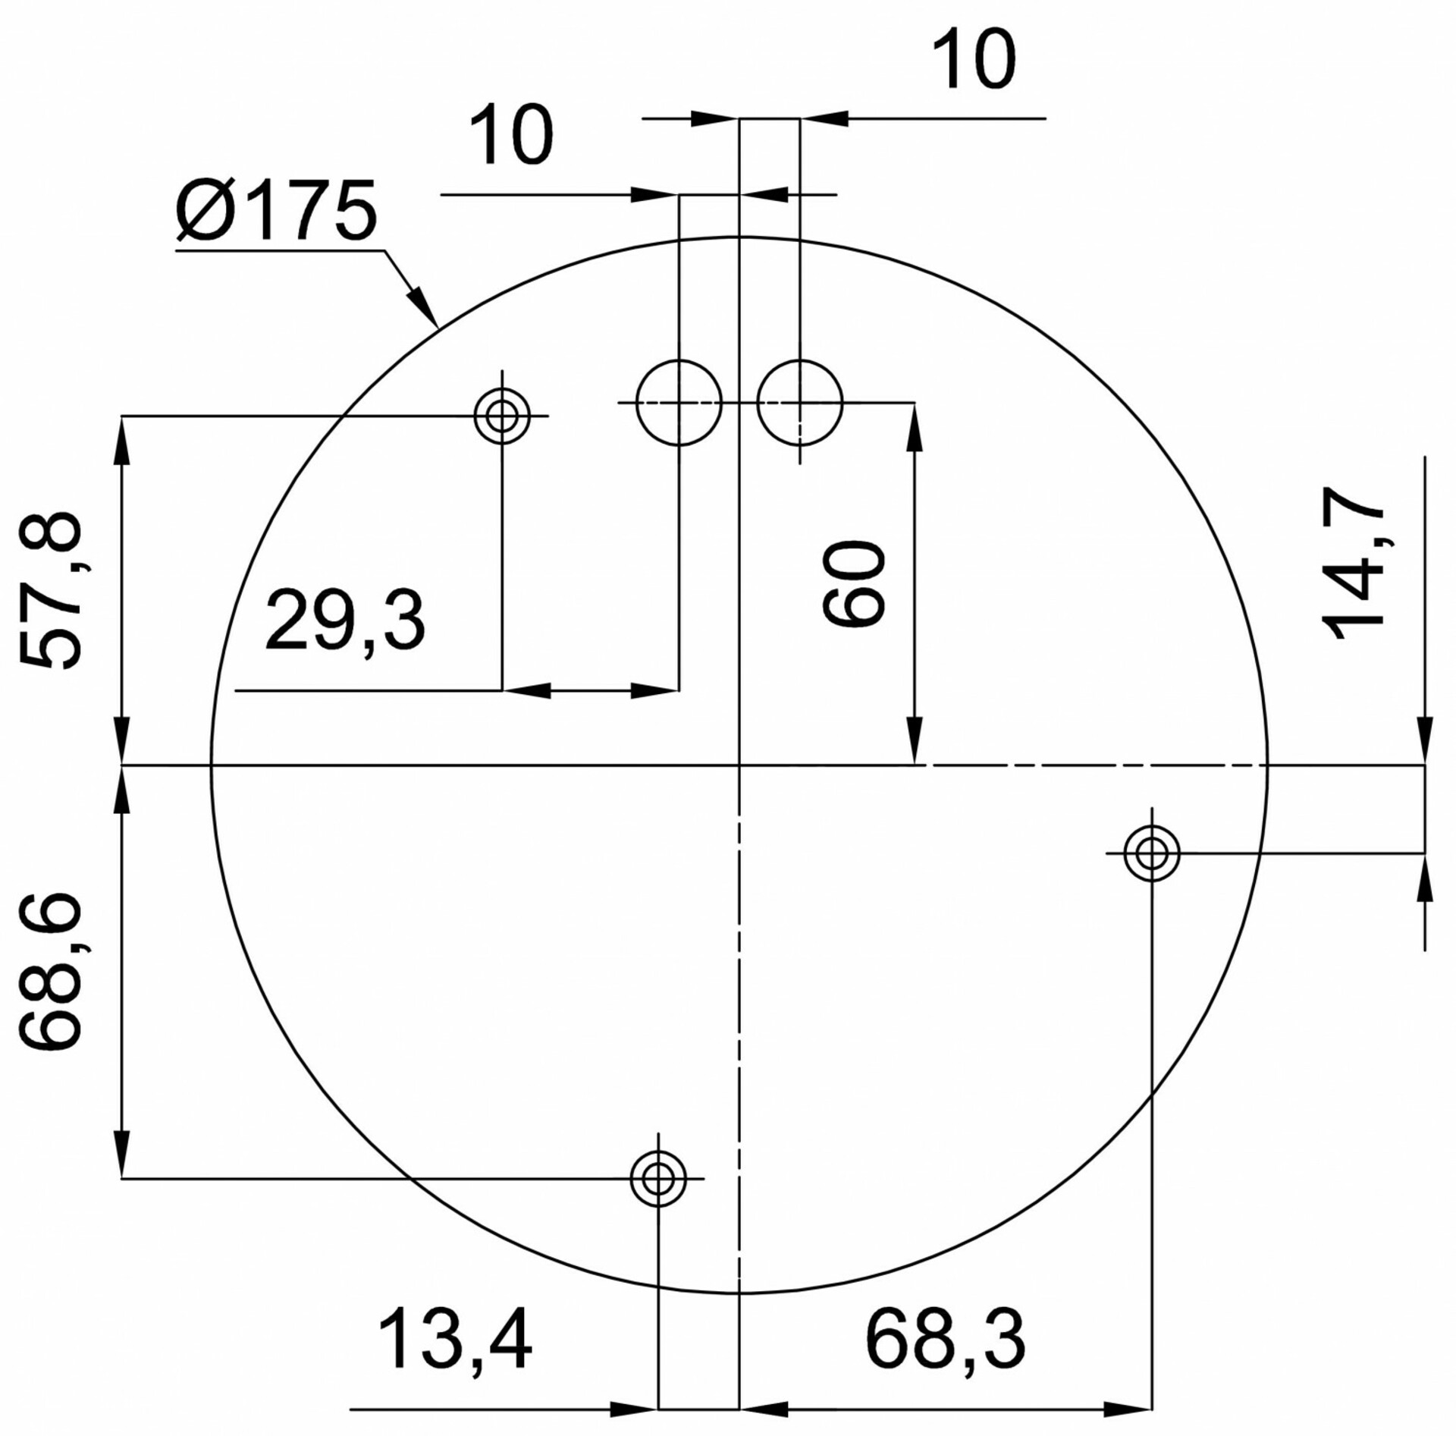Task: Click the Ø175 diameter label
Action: point(276,211)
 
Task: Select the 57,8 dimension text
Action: point(50,591)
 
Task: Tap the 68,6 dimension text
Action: point(50,972)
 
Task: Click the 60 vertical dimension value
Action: point(854,583)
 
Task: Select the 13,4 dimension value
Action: point(455,1339)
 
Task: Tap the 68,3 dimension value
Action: point(946,1339)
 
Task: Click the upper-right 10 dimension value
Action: point(973,60)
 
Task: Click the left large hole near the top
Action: point(679,402)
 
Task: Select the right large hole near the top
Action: point(800,402)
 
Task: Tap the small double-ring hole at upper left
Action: point(502,416)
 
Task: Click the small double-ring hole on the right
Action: point(1152,853)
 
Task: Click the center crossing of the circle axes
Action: point(739,765)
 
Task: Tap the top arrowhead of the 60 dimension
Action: point(915,425)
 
